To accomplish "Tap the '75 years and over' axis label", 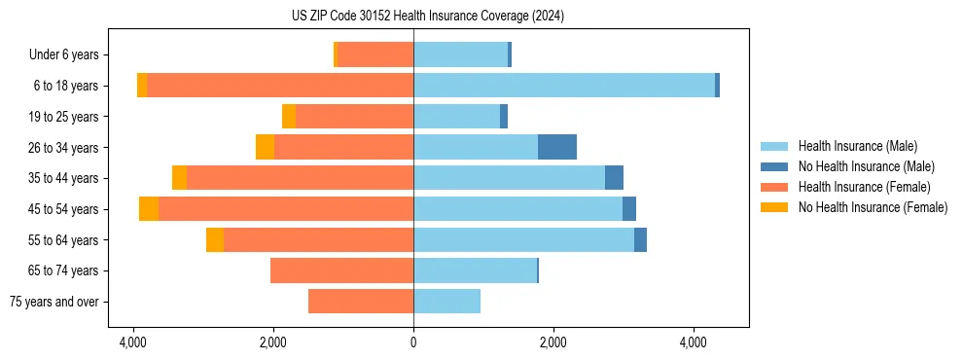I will [x=53, y=302].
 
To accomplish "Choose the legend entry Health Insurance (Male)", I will [x=857, y=146].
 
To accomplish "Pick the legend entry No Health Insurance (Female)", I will [x=873, y=207].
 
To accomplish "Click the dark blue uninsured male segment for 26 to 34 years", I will [x=557, y=147].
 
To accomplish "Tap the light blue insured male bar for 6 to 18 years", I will [x=564, y=86].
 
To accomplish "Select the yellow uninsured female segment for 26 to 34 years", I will [x=265, y=147].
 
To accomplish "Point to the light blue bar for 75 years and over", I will [x=446, y=302].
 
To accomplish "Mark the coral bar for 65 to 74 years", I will [x=341, y=270].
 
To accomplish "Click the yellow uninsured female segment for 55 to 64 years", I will [x=215, y=240].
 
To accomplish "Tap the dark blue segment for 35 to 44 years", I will [x=614, y=178].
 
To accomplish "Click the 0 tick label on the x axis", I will [x=413, y=342].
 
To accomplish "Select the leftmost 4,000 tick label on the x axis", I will [x=132, y=342].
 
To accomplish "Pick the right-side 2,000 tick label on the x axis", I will [x=553, y=342].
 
